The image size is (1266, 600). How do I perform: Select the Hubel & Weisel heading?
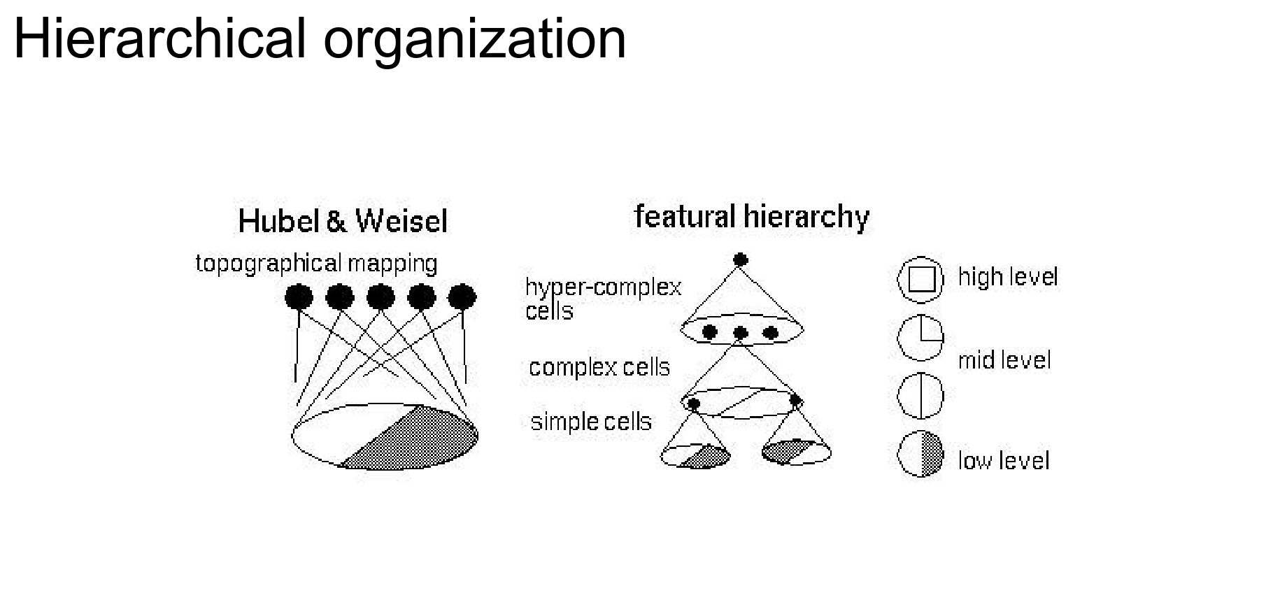point(343,221)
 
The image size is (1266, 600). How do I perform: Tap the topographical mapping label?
point(316,264)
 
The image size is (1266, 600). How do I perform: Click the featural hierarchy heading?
point(751,217)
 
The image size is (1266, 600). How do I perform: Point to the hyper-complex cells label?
point(602,298)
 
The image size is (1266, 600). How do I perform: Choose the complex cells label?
point(599,367)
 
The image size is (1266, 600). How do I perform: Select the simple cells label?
point(591,422)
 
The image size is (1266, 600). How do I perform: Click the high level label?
point(1007,277)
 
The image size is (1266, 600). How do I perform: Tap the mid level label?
point(1004,360)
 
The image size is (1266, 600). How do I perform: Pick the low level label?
point(1004,460)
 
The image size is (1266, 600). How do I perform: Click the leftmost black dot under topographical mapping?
point(299,297)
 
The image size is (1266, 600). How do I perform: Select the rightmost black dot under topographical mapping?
point(462,297)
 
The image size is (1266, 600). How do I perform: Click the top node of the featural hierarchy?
point(740,260)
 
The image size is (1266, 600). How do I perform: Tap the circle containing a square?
point(920,279)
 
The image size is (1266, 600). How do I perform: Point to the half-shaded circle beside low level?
point(920,454)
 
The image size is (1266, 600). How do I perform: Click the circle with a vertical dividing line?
point(920,395)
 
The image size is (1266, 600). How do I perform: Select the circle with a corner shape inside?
point(920,338)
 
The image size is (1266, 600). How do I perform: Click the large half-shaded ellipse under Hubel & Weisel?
point(385,436)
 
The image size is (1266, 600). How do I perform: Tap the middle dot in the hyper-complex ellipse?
point(741,333)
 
